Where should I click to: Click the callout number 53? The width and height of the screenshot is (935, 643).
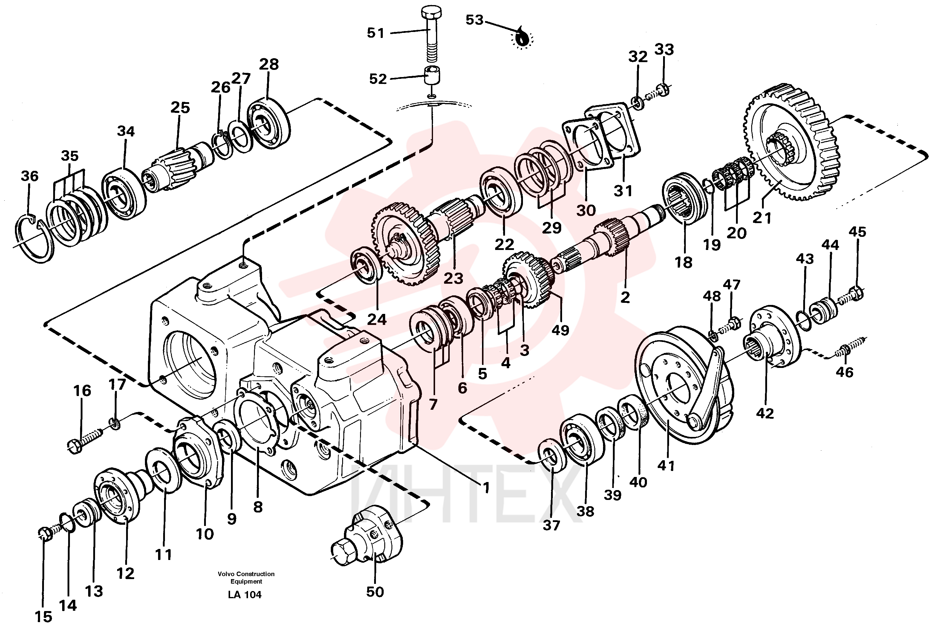474,20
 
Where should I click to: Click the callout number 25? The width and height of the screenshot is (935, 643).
180,108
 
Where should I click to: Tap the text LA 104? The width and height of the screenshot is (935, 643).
245,595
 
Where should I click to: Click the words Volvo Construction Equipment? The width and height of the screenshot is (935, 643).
246,577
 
